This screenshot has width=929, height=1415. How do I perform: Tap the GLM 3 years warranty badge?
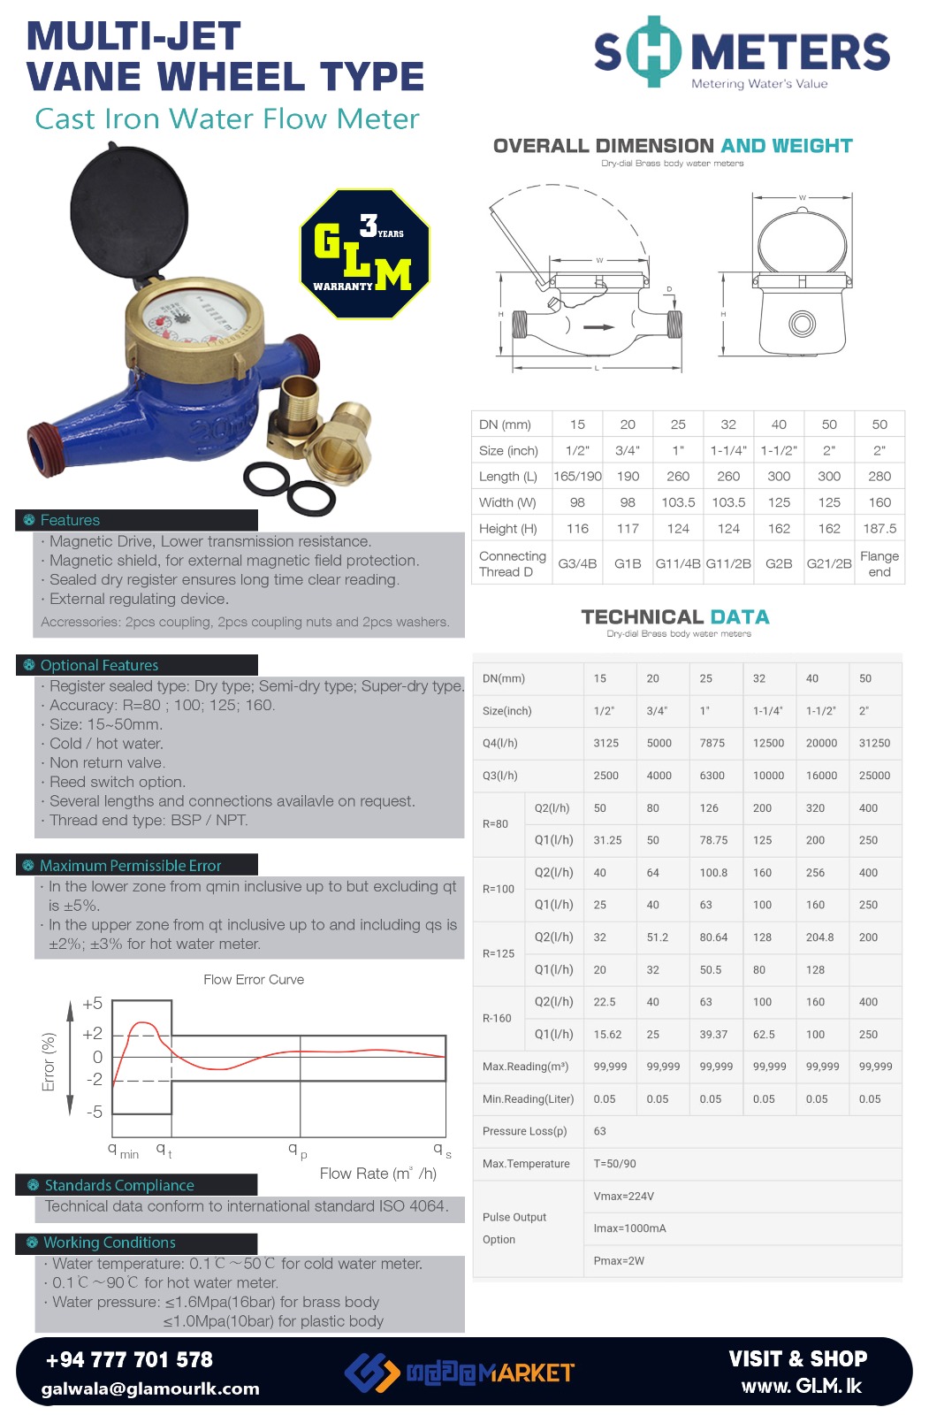(x=365, y=254)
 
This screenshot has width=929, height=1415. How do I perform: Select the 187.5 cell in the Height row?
(x=880, y=529)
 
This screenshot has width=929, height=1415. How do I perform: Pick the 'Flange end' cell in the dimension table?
(x=880, y=564)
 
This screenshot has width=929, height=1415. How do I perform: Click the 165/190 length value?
(x=577, y=477)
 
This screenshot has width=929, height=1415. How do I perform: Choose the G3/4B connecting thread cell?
(x=577, y=564)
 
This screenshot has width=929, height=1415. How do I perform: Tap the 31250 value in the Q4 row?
(x=874, y=744)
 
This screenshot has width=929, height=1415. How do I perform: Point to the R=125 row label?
(x=499, y=954)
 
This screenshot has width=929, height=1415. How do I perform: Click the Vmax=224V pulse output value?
(x=624, y=1197)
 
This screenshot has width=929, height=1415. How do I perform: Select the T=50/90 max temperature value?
(x=615, y=1164)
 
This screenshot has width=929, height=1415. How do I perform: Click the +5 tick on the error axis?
(x=93, y=1004)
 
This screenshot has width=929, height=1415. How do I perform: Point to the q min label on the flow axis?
(x=123, y=1151)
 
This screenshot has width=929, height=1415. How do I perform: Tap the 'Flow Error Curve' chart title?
(x=254, y=980)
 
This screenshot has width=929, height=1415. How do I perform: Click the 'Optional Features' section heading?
(x=99, y=665)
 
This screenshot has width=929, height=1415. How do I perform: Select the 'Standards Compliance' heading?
(x=119, y=1185)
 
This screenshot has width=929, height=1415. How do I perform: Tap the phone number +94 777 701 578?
(x=129, y=1359)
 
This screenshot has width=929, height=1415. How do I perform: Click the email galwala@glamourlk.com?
(x=150, y=1388)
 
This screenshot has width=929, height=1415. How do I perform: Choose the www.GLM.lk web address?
(x=801, y=1386)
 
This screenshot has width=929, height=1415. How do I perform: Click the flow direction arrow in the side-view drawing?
(x=598, y=327)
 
